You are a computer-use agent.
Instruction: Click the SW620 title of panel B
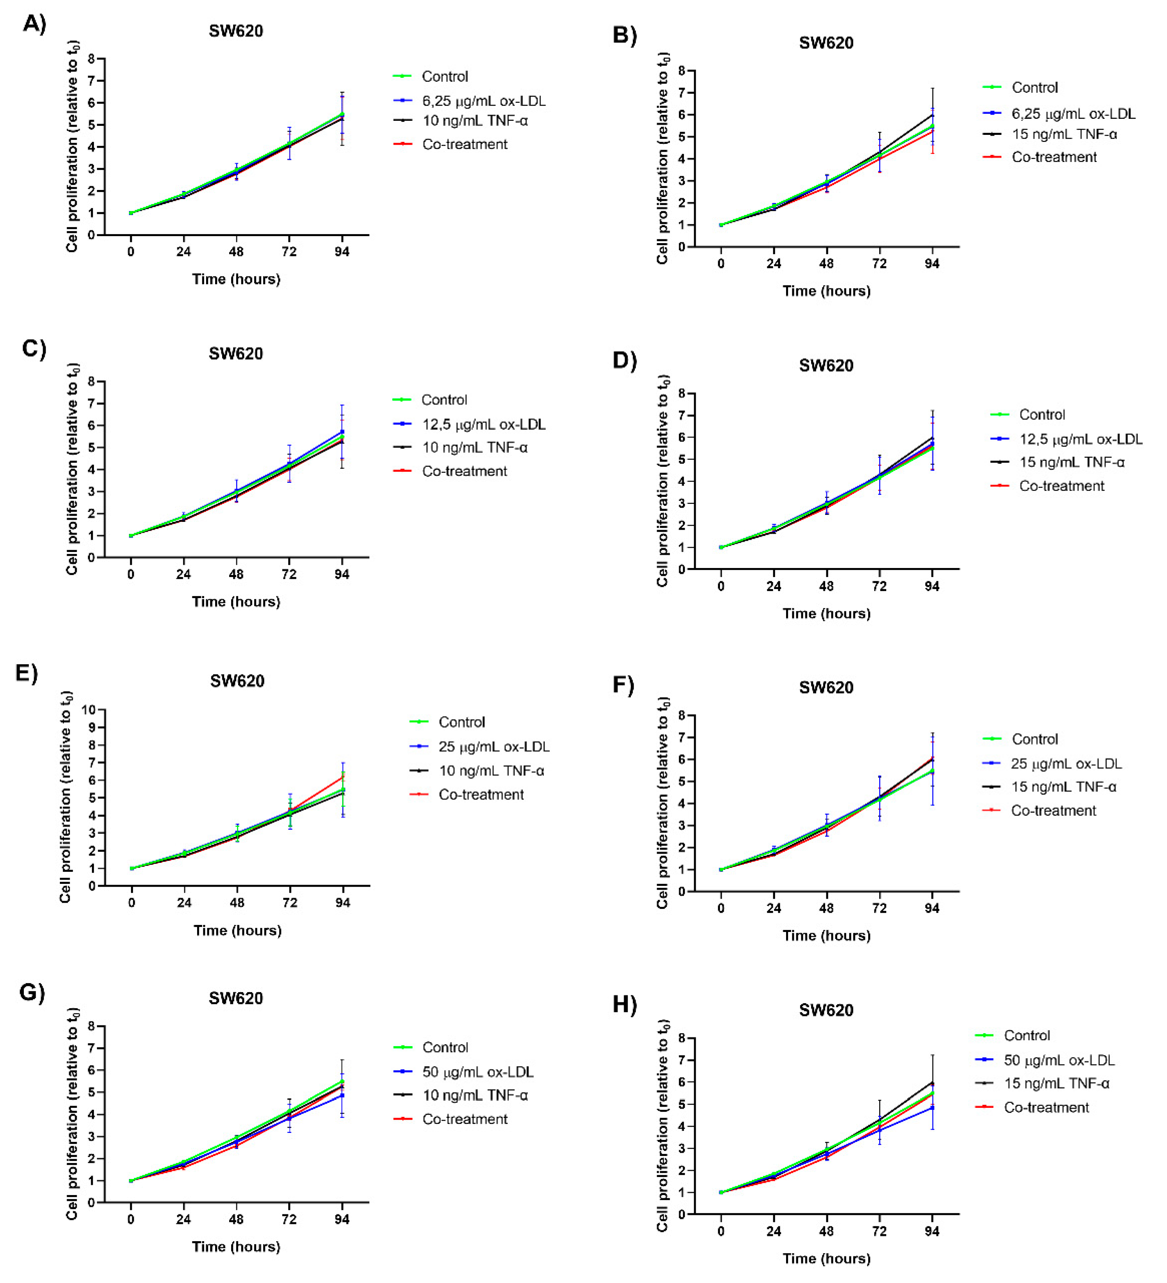(x=826, y=43)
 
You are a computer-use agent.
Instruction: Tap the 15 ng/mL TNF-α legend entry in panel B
(x=1064, y=134)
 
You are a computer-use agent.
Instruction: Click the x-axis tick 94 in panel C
(x=342, y=574)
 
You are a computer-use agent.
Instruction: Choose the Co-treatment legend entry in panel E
(x=481, y=794)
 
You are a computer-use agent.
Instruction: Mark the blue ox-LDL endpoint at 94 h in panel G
(x=342, y=1096)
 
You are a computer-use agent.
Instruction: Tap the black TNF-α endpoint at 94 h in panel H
(x=932, y=1082)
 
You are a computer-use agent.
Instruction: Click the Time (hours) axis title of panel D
(x=826, y=613)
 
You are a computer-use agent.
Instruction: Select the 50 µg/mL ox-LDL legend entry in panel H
(x=1059, y=1060)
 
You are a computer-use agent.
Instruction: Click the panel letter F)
(x=624, y=685)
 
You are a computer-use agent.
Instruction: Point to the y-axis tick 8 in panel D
(x=682, y=393)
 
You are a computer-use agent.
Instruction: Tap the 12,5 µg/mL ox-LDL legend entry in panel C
(x=483, y=424)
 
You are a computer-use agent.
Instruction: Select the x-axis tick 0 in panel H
(x=721, y=1231)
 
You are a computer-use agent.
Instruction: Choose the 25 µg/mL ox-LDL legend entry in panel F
(x=1066, y=763)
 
